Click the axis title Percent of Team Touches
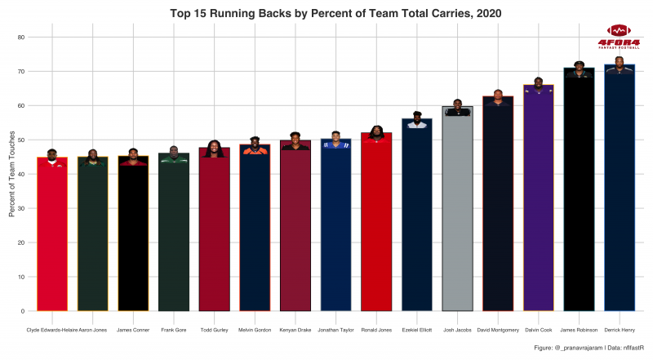(11, 174)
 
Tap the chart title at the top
(335, 13)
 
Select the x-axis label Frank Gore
(174, 330)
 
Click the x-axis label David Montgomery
(498, 330)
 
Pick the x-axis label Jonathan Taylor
(335, 330)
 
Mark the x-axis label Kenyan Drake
(295, 330)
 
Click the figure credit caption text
(582, 349)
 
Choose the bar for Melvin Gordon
(255, 229)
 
